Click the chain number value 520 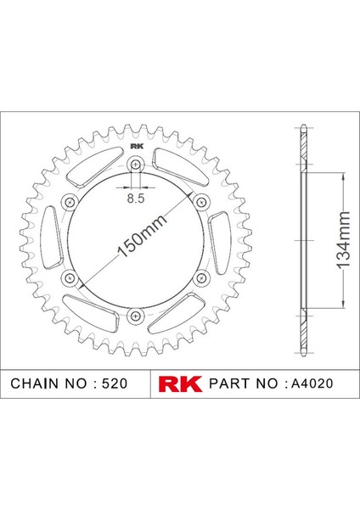click(x=114, y=383)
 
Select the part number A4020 click(x=311, y=383)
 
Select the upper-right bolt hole click(x=201, y=202)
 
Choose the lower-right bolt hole click(x=201, y=277)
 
